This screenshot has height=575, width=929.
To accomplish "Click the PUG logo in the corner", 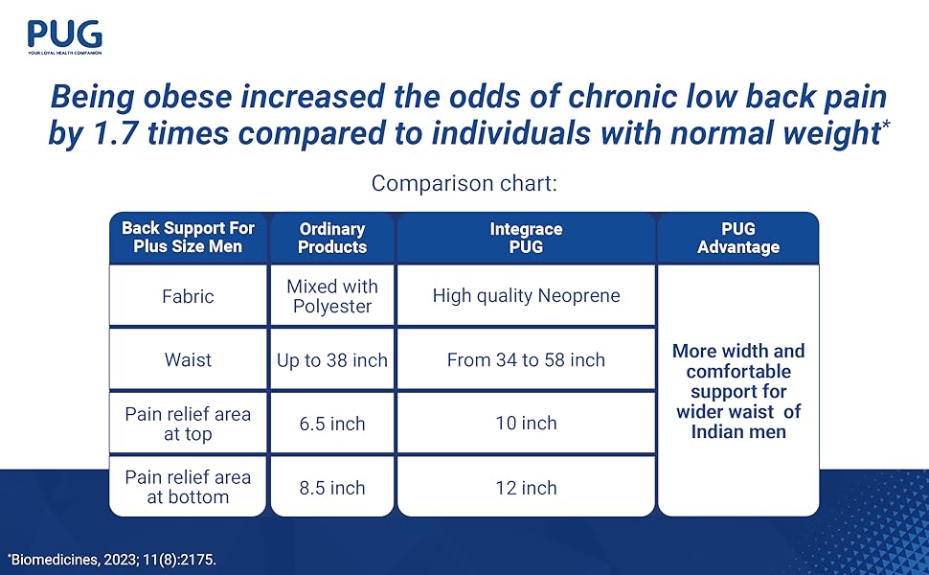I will click(64, 36).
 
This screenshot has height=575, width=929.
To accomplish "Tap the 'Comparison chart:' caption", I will click(464, 183).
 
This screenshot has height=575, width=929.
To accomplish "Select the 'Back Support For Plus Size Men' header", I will click(188, 238).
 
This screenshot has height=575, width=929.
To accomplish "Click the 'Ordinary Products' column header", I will click(332, 238).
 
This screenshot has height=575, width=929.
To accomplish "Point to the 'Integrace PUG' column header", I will click(526, 238).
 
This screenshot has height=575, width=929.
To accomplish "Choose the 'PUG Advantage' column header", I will click(737, 238).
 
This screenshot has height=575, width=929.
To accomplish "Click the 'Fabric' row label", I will click(188, 296).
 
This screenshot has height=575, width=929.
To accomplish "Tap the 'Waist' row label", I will click(188, 360).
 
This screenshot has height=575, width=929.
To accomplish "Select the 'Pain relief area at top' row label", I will click(188, 424).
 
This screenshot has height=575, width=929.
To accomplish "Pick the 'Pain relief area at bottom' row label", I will click(188, 487).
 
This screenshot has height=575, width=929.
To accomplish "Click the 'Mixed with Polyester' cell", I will click(332, 296).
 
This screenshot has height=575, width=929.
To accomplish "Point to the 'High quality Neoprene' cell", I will click(526, 296).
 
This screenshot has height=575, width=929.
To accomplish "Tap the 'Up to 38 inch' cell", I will click(332, 360).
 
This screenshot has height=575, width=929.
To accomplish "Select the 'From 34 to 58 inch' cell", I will click(526, 360).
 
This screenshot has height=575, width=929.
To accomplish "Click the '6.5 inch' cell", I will click(332, 424).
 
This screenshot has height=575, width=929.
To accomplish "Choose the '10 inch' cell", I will click(526, 424).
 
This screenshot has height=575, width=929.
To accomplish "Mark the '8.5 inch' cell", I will click(332, 488).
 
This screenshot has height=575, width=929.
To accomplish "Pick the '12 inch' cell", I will click(526, 488).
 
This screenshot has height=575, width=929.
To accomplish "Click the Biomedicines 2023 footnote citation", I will click(112, 558).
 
